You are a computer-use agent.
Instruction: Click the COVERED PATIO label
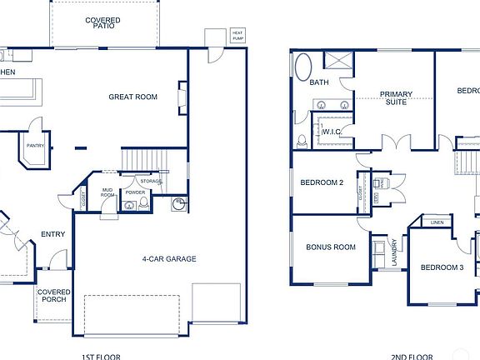pos(102,23)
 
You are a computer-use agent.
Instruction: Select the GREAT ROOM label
pos(132,97)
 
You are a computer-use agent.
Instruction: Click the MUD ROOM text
pos(107,192)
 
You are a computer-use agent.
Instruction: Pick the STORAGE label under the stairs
pos(151,181)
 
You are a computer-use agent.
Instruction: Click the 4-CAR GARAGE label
pos(169,259)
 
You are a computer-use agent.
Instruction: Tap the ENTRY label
pos(52,234)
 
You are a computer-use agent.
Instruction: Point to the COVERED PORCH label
pos(52,296)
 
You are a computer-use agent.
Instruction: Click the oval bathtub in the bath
pos(302,66)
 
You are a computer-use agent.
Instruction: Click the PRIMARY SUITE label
pos(397,97)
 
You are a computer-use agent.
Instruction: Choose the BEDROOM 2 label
pos(322,182)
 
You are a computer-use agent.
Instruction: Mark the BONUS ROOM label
pos(330,247)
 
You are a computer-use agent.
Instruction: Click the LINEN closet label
pos(437,222)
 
